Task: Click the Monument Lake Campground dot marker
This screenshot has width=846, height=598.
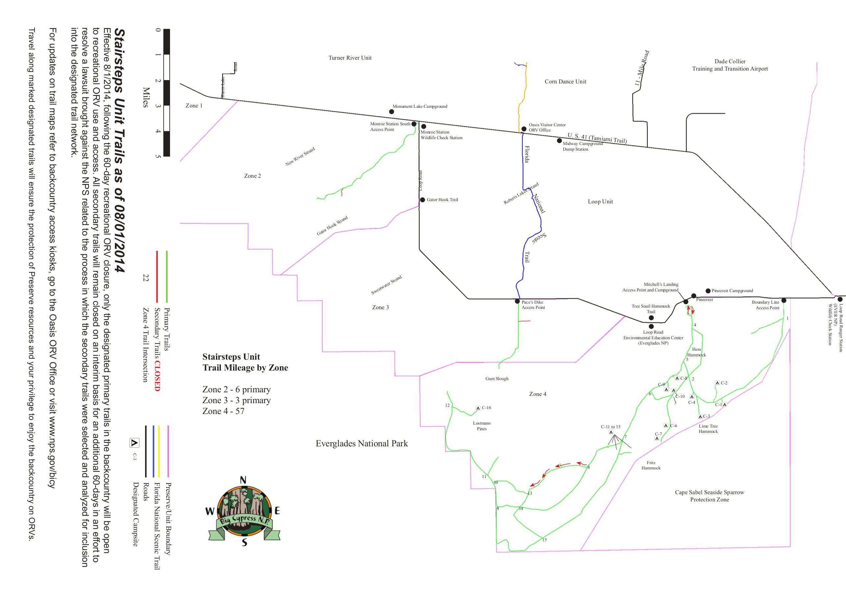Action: (x=391, y=111)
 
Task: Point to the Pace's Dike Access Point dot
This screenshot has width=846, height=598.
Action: (x=517, y=301)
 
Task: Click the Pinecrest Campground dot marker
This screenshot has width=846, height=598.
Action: (x=708, y=291)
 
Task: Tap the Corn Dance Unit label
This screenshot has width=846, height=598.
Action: (x=565, y=81)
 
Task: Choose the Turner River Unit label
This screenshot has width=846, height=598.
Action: (x=350, y=58)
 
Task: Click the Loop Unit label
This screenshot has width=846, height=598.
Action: (x=600, y=201)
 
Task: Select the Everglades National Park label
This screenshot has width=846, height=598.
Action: (x=361, y=443)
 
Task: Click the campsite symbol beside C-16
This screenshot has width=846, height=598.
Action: (x=478, y=408)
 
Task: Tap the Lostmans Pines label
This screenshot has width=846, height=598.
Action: (x=482, y=426)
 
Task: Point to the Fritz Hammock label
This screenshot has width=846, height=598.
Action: (x=651, y=465)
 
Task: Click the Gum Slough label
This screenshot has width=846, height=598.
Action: (x=497, y=378)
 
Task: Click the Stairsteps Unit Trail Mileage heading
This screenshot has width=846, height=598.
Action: (x=245, y=362)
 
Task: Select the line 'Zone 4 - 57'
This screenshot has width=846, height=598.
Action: (x=223, y=411)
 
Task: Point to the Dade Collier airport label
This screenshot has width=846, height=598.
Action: (x=729, y=65)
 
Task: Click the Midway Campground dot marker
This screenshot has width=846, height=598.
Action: (x=559, y=140)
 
